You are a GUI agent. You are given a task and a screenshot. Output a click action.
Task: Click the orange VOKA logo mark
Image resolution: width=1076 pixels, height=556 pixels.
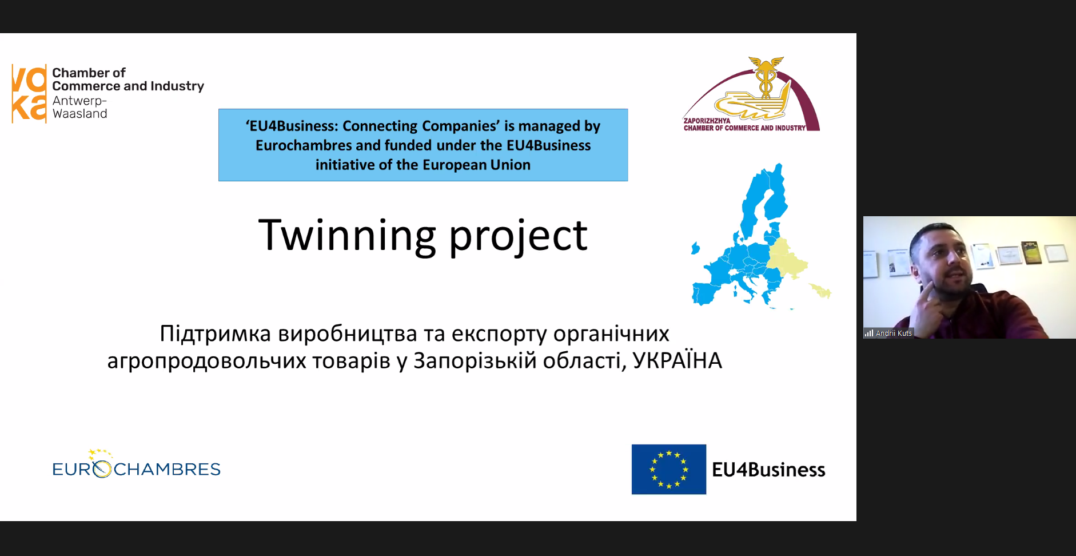29,94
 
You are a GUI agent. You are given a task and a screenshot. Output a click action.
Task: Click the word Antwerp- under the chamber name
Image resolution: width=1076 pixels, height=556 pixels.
79,101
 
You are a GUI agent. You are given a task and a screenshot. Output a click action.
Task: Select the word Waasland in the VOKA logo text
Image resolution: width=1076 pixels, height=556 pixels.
80,114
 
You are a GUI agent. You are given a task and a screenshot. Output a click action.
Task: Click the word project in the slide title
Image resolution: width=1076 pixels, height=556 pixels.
518,237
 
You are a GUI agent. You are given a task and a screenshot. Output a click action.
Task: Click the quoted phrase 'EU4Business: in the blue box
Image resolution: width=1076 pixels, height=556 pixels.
292,126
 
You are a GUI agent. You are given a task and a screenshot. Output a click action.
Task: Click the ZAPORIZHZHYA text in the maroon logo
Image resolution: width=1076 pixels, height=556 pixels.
707,121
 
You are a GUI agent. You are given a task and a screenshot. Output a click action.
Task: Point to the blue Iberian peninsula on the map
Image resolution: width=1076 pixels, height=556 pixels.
707,291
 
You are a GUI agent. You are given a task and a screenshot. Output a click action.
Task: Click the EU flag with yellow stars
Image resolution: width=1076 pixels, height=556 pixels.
669,470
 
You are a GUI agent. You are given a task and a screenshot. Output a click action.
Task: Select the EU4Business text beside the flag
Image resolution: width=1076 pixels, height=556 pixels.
768,470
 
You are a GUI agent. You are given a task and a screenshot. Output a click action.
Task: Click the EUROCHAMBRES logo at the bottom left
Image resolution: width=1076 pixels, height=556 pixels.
136,465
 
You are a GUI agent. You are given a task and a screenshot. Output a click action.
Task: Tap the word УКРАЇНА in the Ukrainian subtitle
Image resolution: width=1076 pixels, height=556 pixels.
678,360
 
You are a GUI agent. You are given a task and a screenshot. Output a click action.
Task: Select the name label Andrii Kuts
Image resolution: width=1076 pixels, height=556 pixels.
894,333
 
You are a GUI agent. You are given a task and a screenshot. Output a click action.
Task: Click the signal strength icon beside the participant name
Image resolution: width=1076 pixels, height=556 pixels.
869,333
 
